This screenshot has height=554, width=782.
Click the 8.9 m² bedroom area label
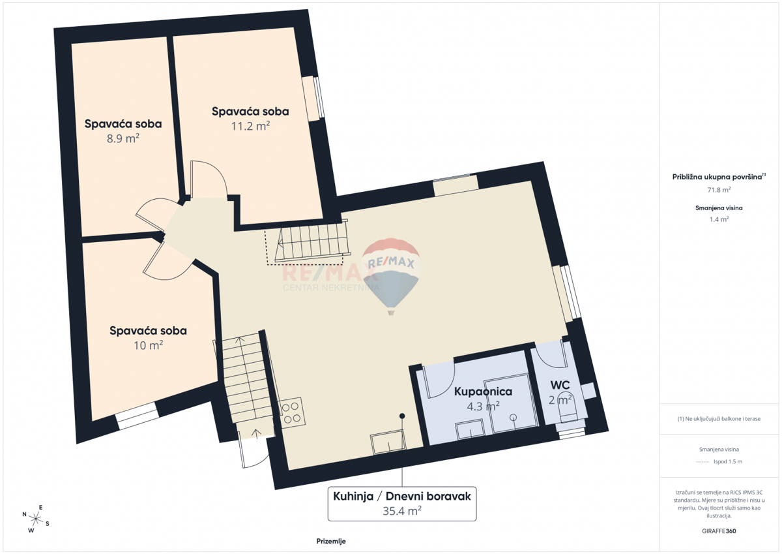[123, 139]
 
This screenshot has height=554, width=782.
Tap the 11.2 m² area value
[250, 126]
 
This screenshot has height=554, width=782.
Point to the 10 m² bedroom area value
[149, 345]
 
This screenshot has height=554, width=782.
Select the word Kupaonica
[483, 392]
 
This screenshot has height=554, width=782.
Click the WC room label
[560, 385]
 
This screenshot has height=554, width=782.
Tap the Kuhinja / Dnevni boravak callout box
[402, 504]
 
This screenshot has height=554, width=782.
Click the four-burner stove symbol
[292, 412]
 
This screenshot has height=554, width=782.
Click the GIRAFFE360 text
[719, 531]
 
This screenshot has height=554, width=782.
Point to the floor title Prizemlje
[331, 541]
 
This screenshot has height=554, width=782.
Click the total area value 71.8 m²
[719, 190]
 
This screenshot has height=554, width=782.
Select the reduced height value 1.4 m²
[719, 219]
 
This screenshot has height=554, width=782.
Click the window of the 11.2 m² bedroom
[314, 99]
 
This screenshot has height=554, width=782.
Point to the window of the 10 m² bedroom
[137, 416]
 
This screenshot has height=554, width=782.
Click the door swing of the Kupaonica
[439, 380]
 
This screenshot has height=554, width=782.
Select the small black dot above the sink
[402, 416]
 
